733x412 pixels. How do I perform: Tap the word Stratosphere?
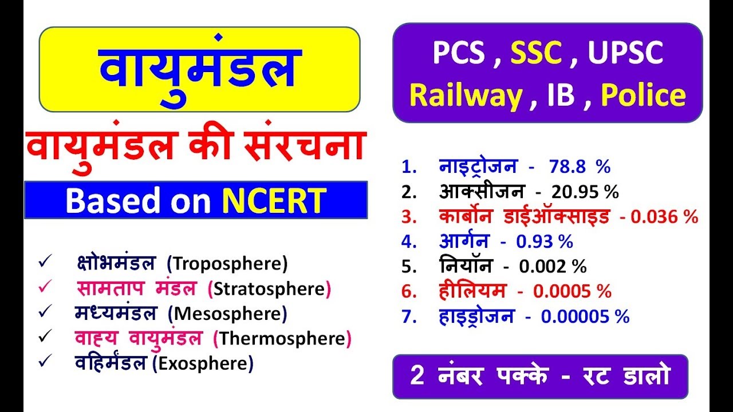[269, 289]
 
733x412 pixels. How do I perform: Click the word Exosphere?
[203, 363]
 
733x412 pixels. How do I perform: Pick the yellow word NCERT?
[274, 200]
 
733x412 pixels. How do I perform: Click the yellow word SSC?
[536, 53]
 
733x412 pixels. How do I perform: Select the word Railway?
[466, 96]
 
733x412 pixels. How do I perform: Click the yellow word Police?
[643, 96]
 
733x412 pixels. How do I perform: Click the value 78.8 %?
[580, 167]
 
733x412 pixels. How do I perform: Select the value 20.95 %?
[585, 192]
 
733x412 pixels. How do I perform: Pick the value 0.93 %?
[545, 241]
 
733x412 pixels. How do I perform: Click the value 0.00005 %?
[585, 316]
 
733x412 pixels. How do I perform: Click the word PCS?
[459, 53]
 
